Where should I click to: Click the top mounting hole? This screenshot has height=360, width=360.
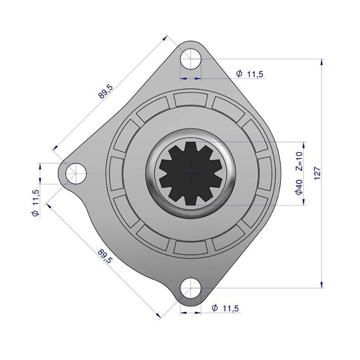pos(190,58)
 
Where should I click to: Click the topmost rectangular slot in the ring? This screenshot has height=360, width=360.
pos(190,99)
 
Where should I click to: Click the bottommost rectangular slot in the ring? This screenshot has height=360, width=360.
pos(190,247)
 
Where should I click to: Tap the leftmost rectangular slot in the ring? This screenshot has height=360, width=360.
pos(117,173)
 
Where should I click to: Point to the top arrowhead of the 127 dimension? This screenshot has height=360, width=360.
pos(321,62)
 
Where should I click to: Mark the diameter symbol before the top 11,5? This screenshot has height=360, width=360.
pos(240,74)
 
